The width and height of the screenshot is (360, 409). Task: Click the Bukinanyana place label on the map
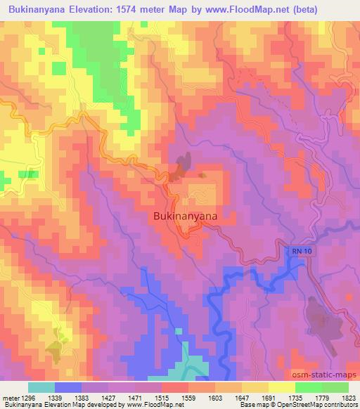[185, 217]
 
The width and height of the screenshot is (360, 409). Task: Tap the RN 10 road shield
[300, 251]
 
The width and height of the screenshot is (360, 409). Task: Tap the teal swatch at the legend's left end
[41, 387]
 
